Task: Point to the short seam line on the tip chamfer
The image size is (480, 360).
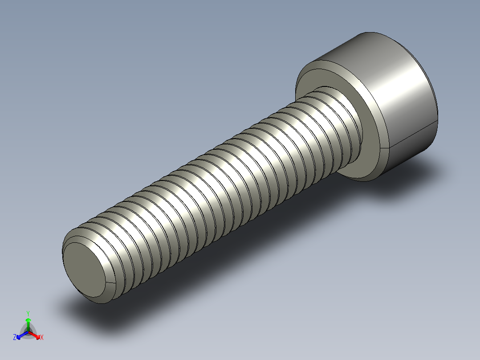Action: [107, 282]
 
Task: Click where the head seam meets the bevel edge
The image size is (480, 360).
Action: [390, 147]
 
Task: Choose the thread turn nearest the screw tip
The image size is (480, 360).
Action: [116, 250]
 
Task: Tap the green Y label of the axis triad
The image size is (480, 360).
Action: [28, 313]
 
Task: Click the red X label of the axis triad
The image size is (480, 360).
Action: [42, 338]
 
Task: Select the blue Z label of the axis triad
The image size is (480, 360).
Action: [15, 338]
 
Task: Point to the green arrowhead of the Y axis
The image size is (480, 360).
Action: [28, 320]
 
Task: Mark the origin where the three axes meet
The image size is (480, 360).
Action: [28, 331]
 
